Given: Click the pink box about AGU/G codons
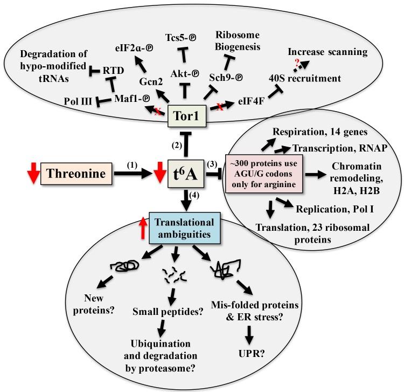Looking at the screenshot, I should pyautogui.click(x=266, y=174).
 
